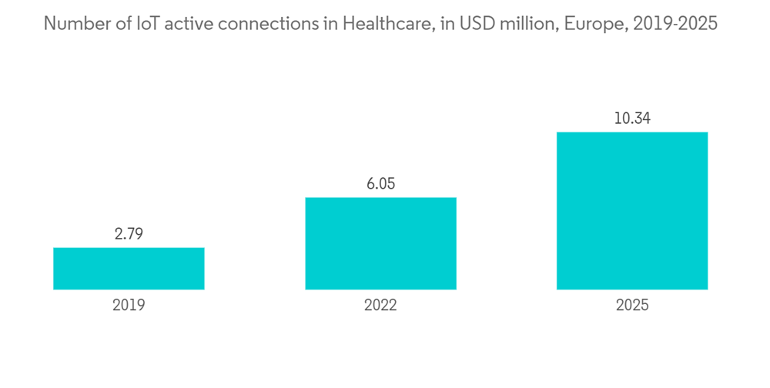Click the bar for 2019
pyautogui.click(x=129, y=269)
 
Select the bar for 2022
pyautogui.click(x=380, y=243)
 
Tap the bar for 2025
pyautogui.click(x=632, y=211)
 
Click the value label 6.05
pyautogui.click(x=380, y=184)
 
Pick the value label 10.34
pyautogui.click(x=632, y=119)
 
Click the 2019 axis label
pyautogui.click(x=129, y=305)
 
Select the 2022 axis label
pyautogui.click(x=380, y=305)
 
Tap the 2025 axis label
pyautogui.click(x=632, y=305)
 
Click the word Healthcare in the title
pyautogui.click(x=386, y=24)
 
